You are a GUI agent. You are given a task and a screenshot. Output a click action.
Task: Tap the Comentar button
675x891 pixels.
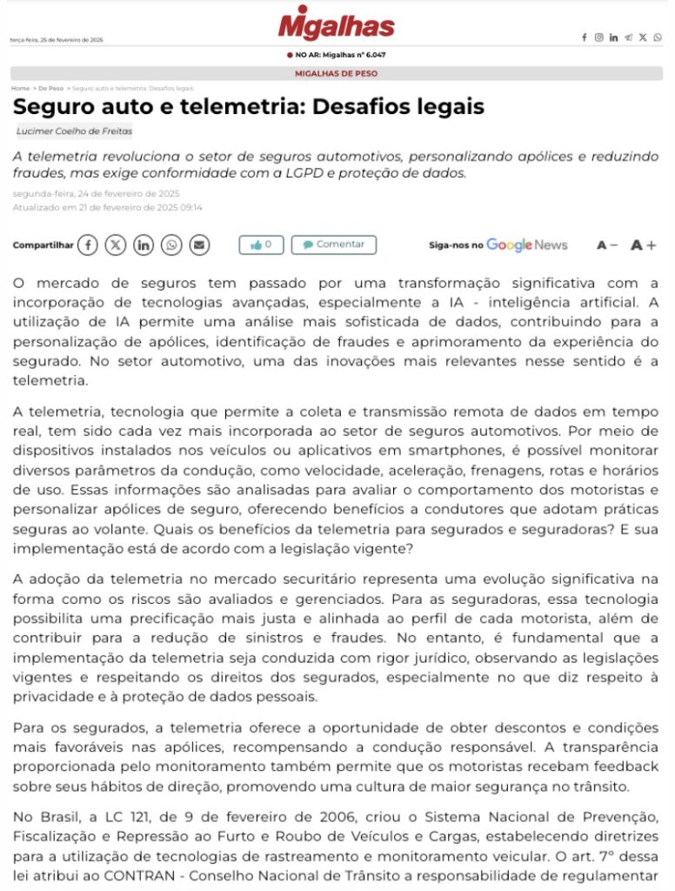pyautogui.click(x=333, y=245)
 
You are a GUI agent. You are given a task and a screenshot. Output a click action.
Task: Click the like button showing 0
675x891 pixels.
pyautogui.click(x=261, y=245)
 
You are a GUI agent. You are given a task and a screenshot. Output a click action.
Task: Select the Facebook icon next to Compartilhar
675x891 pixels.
pyautogui.click(x=88, y=245)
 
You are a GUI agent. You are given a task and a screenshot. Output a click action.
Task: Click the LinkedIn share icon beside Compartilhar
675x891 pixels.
pyautogui.click(x=144, y=245)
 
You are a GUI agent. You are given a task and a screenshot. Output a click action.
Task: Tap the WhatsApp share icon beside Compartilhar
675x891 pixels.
pyautogui.click(x=171, y=245)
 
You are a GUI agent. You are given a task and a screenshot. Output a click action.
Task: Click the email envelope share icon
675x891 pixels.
pyautogui.click(x=199, y=245)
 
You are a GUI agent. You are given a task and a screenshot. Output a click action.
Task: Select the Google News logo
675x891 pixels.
pyautogui.click(x=526, y=245)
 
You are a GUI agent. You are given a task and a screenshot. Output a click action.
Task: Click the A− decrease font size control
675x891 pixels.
pyautogui.click(x=606, y=245)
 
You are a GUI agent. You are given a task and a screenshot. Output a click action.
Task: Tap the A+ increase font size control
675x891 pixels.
pyautogui.click(x=643, y=245)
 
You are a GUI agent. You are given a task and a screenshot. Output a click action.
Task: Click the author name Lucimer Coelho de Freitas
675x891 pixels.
pyautogui.click(x=74, y=131)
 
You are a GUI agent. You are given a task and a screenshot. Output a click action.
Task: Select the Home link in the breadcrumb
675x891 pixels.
pyautogui.click(x=20, y=89)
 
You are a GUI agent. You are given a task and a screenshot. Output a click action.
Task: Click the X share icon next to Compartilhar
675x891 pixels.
pyautogui.click(x=116, y=245)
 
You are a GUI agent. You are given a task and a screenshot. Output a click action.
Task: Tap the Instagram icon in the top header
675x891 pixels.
pyautogui.click(x=598, y=37)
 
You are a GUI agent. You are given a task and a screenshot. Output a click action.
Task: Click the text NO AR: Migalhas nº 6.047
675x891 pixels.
pyautogui.click(x=340, y=55)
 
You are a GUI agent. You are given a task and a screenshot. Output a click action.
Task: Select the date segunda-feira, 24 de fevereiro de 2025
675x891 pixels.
pyautogui.click(x=96, y=193)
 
